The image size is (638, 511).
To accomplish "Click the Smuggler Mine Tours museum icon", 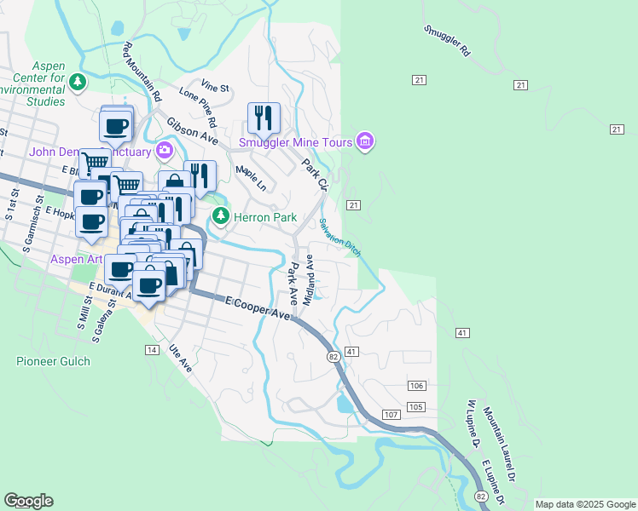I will coord(365,141).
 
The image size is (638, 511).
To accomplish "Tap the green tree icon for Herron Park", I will coord(221,216).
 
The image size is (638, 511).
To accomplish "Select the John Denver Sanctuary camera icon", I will coord(165,152).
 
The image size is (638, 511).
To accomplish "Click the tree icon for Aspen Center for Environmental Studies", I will coord(78,82).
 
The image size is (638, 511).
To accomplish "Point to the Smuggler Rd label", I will coord(447,40).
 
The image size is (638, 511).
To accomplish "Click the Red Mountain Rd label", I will coord(142,67).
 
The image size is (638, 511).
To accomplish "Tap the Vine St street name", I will coord(216,87).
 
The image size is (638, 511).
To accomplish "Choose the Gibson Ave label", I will coord(192,130).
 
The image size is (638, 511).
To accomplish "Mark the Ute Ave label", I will coord(181,358).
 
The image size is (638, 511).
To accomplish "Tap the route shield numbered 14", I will coord(152,350).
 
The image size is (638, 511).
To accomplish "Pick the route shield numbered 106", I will coord(416,386).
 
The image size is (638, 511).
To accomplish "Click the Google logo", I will coord(28,501).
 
